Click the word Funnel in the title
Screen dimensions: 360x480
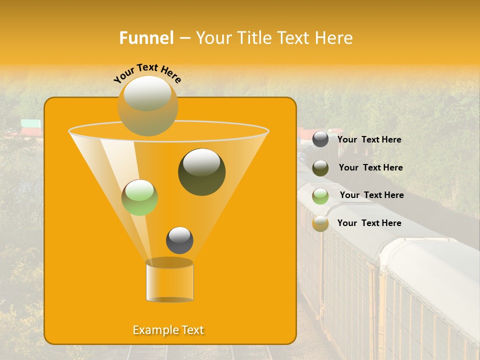[x=146, y=38]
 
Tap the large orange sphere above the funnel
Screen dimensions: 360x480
[x=147, y=105]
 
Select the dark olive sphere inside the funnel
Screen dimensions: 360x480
[x=201, y=172]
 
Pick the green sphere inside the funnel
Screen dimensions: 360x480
[x=139, y=197]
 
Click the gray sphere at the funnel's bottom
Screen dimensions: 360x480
[x=179, y=240]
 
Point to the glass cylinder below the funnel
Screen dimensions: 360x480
[x=169, y=282]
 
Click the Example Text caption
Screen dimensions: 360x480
[x=168, y=330]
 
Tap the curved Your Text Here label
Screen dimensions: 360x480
[x=147, y=73]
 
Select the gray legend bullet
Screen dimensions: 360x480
[x=320, y=139]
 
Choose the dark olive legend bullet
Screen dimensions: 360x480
[x=320, y=168]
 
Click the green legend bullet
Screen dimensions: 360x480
[x=320, y=196]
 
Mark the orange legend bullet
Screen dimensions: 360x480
[x=320, y=223]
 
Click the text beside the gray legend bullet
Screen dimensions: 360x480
[x=369, y=139]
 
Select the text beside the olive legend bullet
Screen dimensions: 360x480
[x=370, y=167]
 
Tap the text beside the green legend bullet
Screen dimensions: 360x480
[x=371, y=195]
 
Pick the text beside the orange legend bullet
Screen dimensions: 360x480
[x=369, y=223]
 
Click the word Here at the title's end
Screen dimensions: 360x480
[x=335, y=38]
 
